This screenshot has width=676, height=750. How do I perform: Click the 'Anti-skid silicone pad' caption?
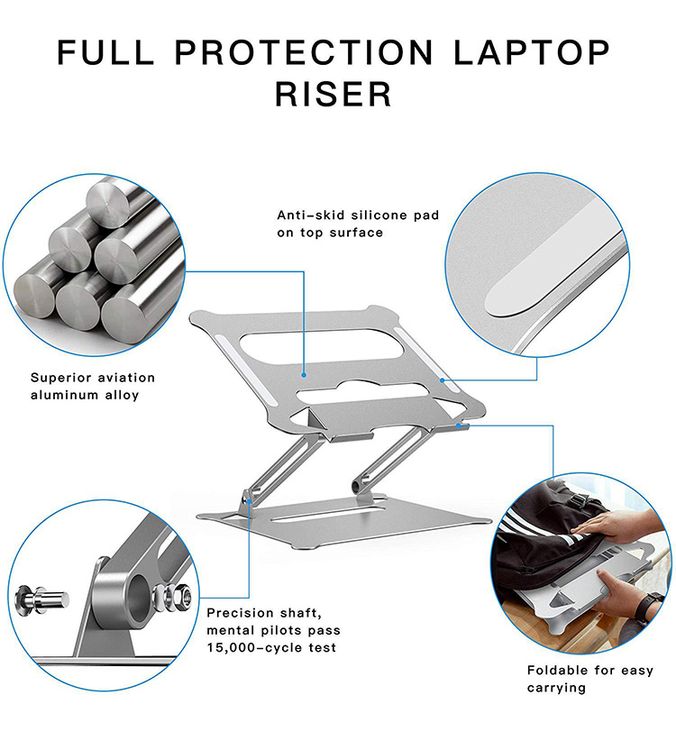[x=358, y=216]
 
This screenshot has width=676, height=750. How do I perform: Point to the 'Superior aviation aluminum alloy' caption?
[x=93, y=386]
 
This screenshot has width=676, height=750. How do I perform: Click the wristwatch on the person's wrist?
[x=645, y=607]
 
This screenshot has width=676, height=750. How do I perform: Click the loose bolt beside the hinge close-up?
[x=39, y=596]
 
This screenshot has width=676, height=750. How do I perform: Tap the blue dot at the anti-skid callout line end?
[x=305, y=373]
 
